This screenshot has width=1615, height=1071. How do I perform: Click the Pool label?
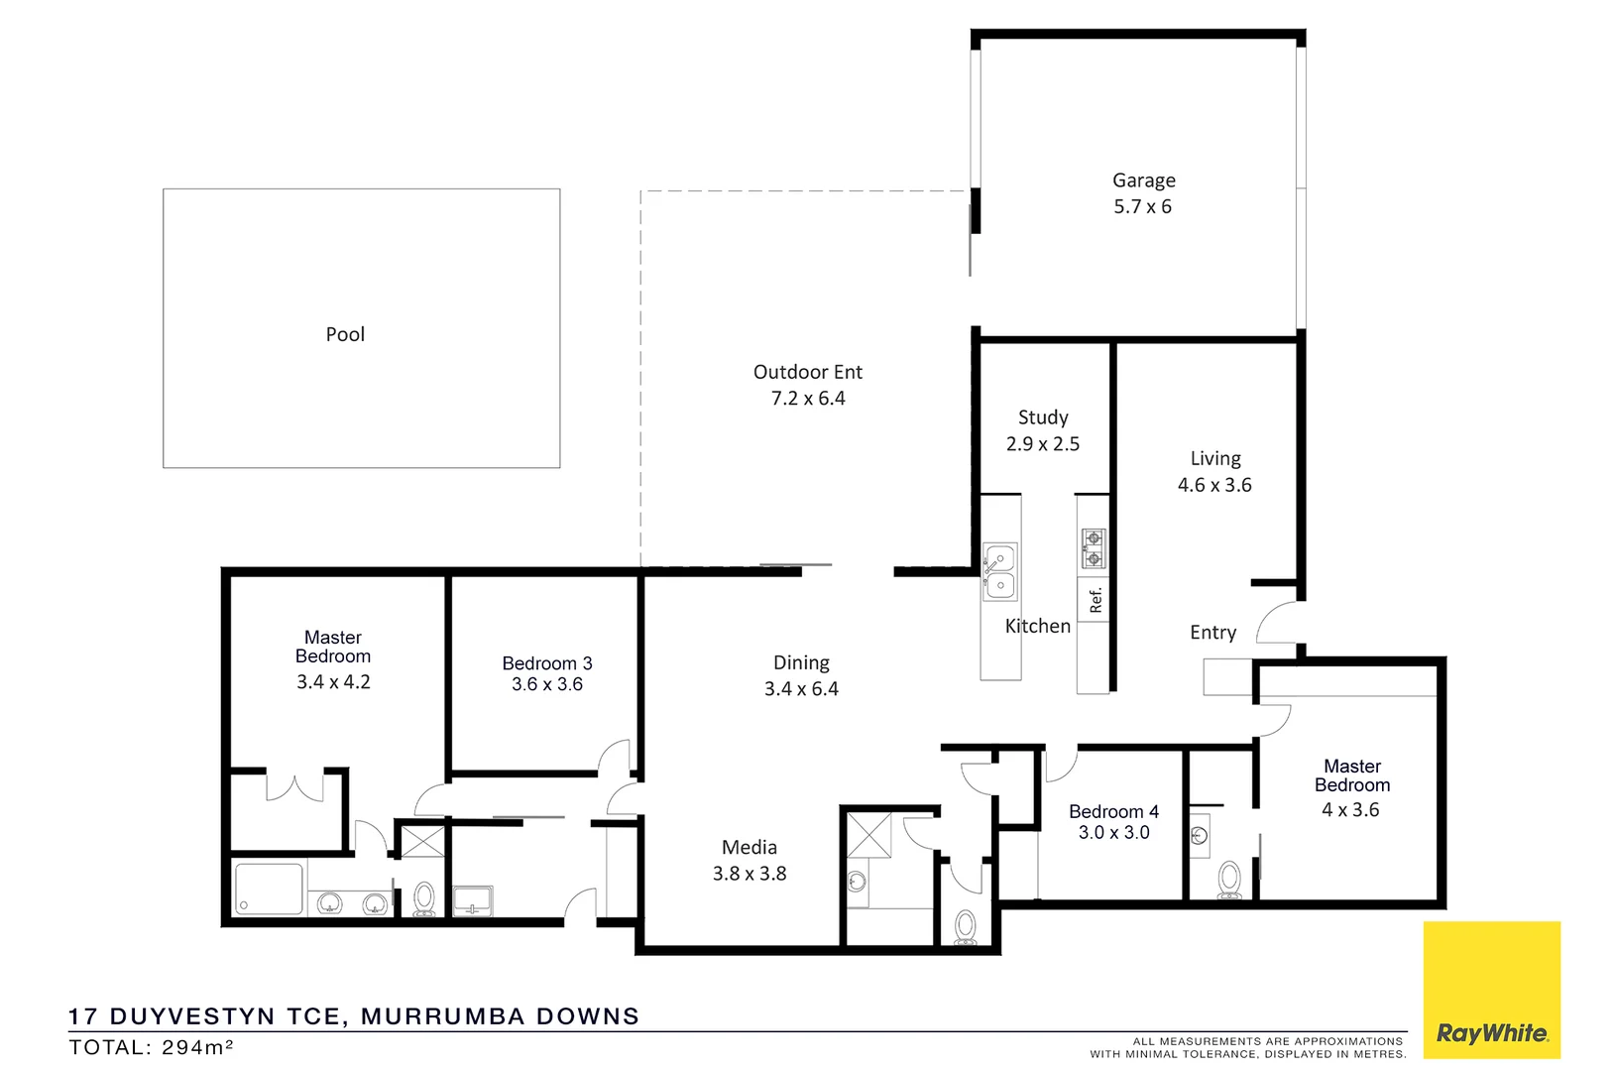click(x=345, y=335)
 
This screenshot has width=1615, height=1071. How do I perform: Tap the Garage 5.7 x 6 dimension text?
click(x=1142, y=207)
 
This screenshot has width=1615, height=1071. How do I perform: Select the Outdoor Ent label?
click(x=807, y=372)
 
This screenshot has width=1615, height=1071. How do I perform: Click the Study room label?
click(x=1043, y=417)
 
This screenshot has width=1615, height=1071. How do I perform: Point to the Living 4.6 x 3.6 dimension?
click(x=1214, y=485)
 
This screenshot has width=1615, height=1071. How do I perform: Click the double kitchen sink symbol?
click(x=999, y=572)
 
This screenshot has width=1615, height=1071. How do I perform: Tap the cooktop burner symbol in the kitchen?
click(x=1093, y=548)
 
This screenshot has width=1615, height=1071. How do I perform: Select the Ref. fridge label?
click(x=1096, y=601)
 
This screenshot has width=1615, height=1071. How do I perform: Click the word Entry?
click(x=1212, y=633)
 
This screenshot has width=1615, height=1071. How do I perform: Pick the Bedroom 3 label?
click(x=546, y=663)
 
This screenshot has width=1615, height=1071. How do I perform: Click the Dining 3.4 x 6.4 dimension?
click(x=801, y=689)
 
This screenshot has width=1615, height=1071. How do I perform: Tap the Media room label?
click(x=749, y=848)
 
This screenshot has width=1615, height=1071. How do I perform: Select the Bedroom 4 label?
click(x=1113, y=811)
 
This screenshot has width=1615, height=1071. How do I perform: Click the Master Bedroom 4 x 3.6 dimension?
click(x=1350, y=810)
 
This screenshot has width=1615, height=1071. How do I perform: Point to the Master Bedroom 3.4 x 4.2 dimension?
click(x=333, y=682)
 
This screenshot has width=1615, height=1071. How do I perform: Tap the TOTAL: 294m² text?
click(x=151, y=1047)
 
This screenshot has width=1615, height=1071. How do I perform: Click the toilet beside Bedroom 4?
click(x=1228, y=880)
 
